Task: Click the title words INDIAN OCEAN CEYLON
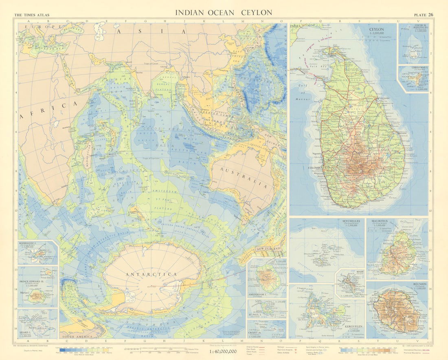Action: (x=224, y=13)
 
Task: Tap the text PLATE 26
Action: (x=424, y=15)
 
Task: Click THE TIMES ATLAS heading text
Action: (x=32, y=15)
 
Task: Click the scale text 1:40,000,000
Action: (x=224, y=351)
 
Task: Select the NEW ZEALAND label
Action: (x=268, y=249)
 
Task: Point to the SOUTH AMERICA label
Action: (x=76, y=337)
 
